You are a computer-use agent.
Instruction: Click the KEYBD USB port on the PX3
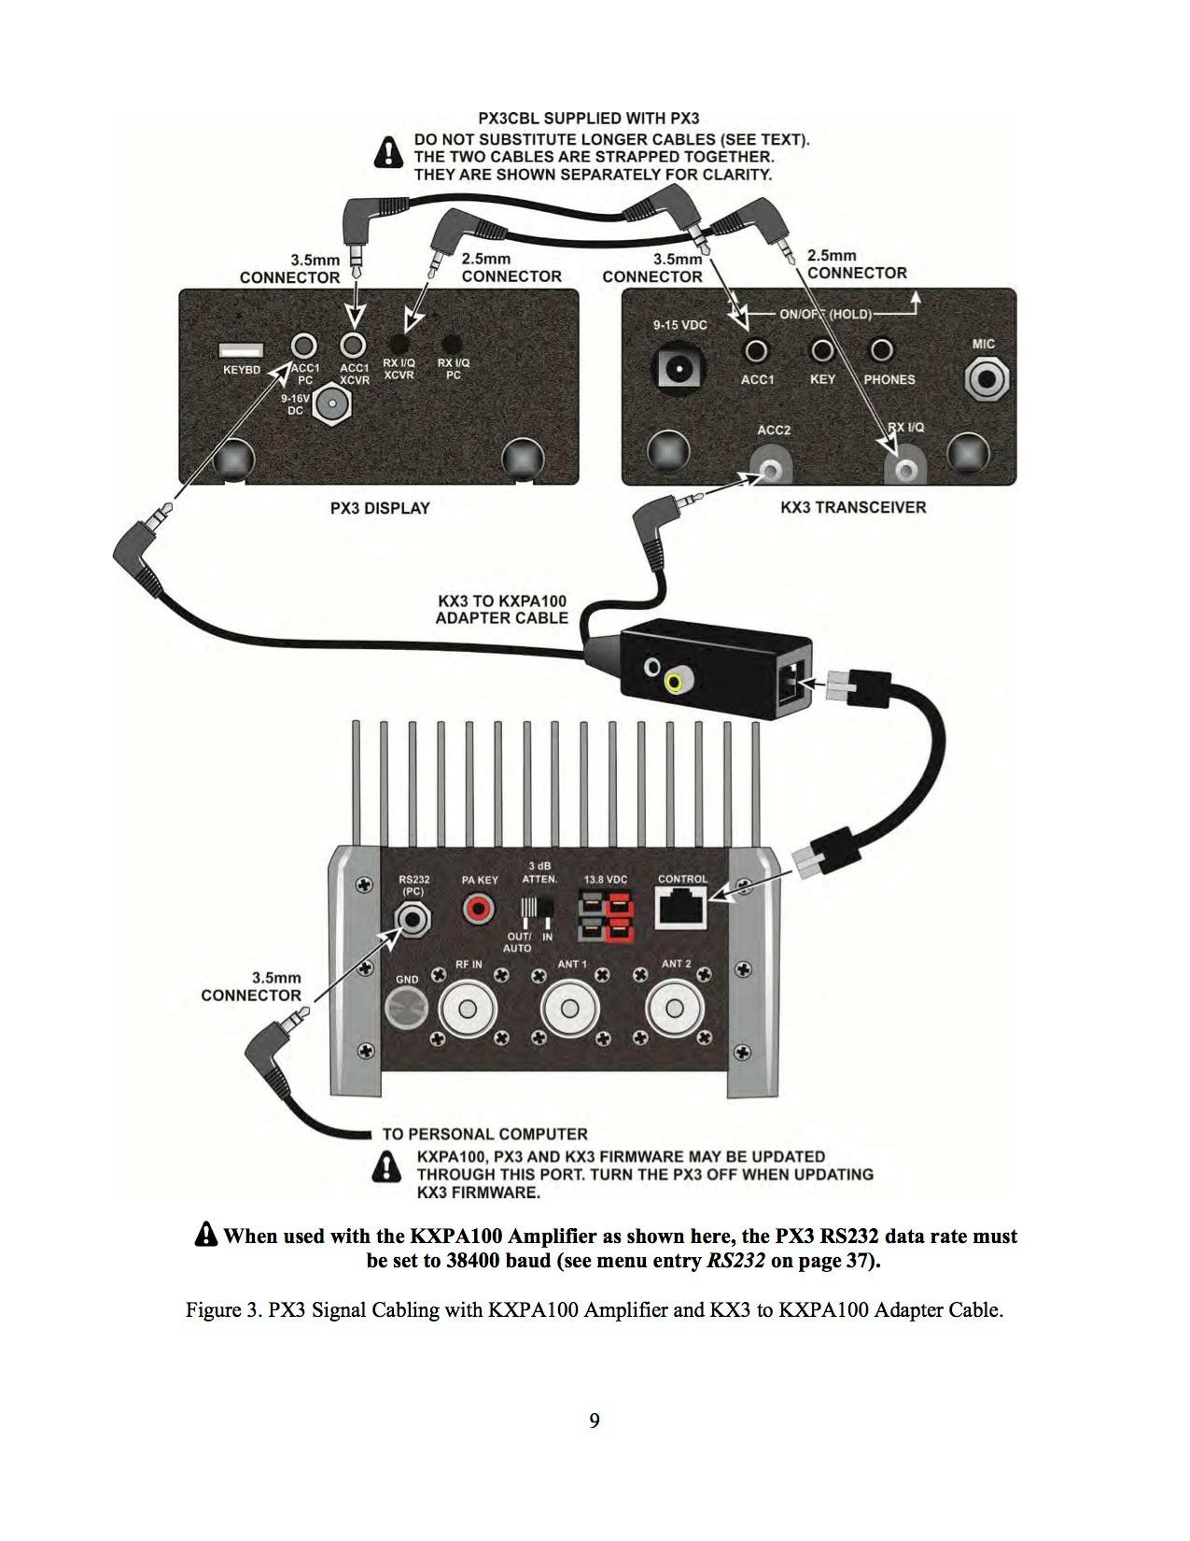coord(241,350)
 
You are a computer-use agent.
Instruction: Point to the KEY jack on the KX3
coord(821,350)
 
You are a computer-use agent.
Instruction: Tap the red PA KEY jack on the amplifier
coord(480,907)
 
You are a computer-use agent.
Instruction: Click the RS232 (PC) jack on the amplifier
coord(413,919)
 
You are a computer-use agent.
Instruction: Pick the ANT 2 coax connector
coord(674,1011)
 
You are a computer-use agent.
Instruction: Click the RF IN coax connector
coord(468,1011)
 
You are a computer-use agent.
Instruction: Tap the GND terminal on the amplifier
coord(407,1011)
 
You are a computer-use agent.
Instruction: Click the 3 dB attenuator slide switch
coord(537,909)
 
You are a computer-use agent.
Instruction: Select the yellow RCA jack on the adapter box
coord(674,684)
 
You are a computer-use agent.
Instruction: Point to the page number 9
coord(595,1421)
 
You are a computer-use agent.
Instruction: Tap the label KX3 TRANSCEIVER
coord(853,507)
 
